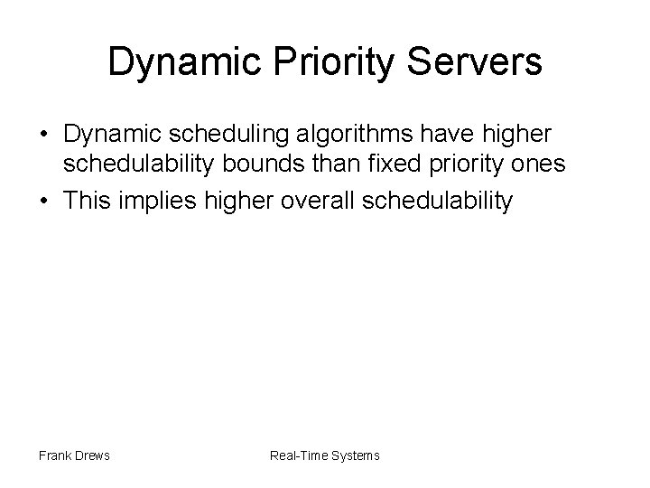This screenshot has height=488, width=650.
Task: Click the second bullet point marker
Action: pos(42,201)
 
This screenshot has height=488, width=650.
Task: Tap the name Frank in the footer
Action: pos(55,455)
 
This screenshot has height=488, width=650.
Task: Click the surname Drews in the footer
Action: pos(92,455)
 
